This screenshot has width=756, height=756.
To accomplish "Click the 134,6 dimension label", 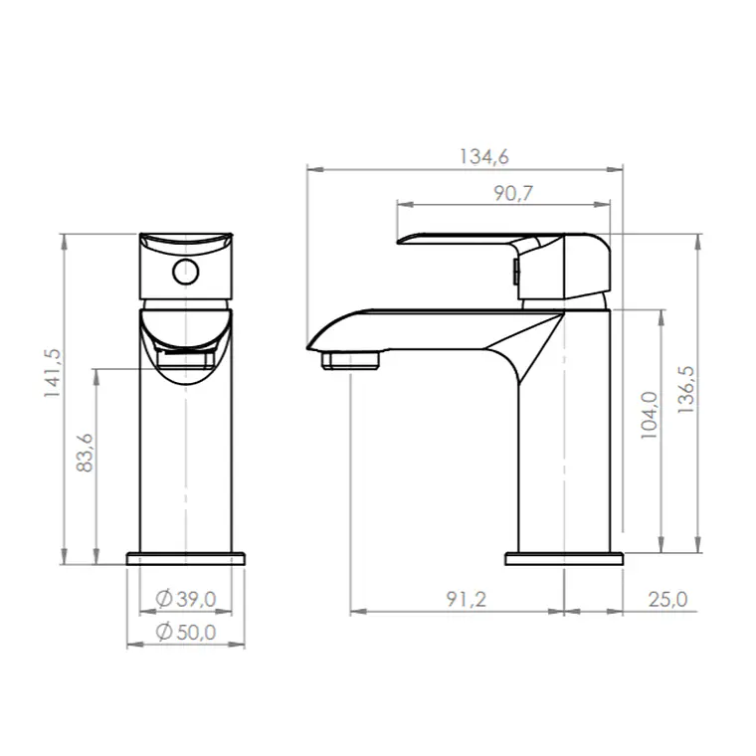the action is tap(483, 157).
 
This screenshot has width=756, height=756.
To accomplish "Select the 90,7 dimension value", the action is tap(513, 193).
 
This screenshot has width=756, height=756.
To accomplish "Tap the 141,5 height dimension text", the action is tap(53, 373).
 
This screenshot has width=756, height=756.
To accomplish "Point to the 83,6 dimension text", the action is tap(85, 453).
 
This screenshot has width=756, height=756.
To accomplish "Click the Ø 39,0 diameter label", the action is tap(186, 599).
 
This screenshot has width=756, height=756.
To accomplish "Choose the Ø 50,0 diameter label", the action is tap(186, 632).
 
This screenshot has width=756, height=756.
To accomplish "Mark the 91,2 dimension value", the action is tap(467, 599).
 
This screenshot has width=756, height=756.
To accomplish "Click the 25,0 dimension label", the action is tap(667, 599).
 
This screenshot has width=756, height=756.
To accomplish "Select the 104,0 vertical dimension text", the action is tap(649, 415).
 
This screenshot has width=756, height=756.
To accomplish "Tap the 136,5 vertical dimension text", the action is tap(685, 389).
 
